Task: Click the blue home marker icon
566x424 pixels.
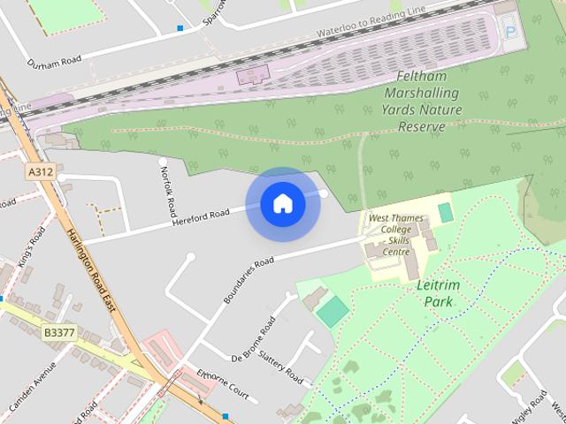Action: [283, 204]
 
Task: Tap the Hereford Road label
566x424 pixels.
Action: [201, 215]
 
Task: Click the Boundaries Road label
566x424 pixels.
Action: [249, 280]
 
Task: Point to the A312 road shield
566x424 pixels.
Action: [38, 171]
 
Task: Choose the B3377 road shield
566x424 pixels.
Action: [58, 333]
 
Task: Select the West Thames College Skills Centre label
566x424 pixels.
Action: [390, 234]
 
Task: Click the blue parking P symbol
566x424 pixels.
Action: [510, 31]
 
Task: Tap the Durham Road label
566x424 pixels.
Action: [54, 62]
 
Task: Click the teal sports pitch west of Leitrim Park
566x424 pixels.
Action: [333, 312]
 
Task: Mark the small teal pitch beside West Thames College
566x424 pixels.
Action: [445, 213]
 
